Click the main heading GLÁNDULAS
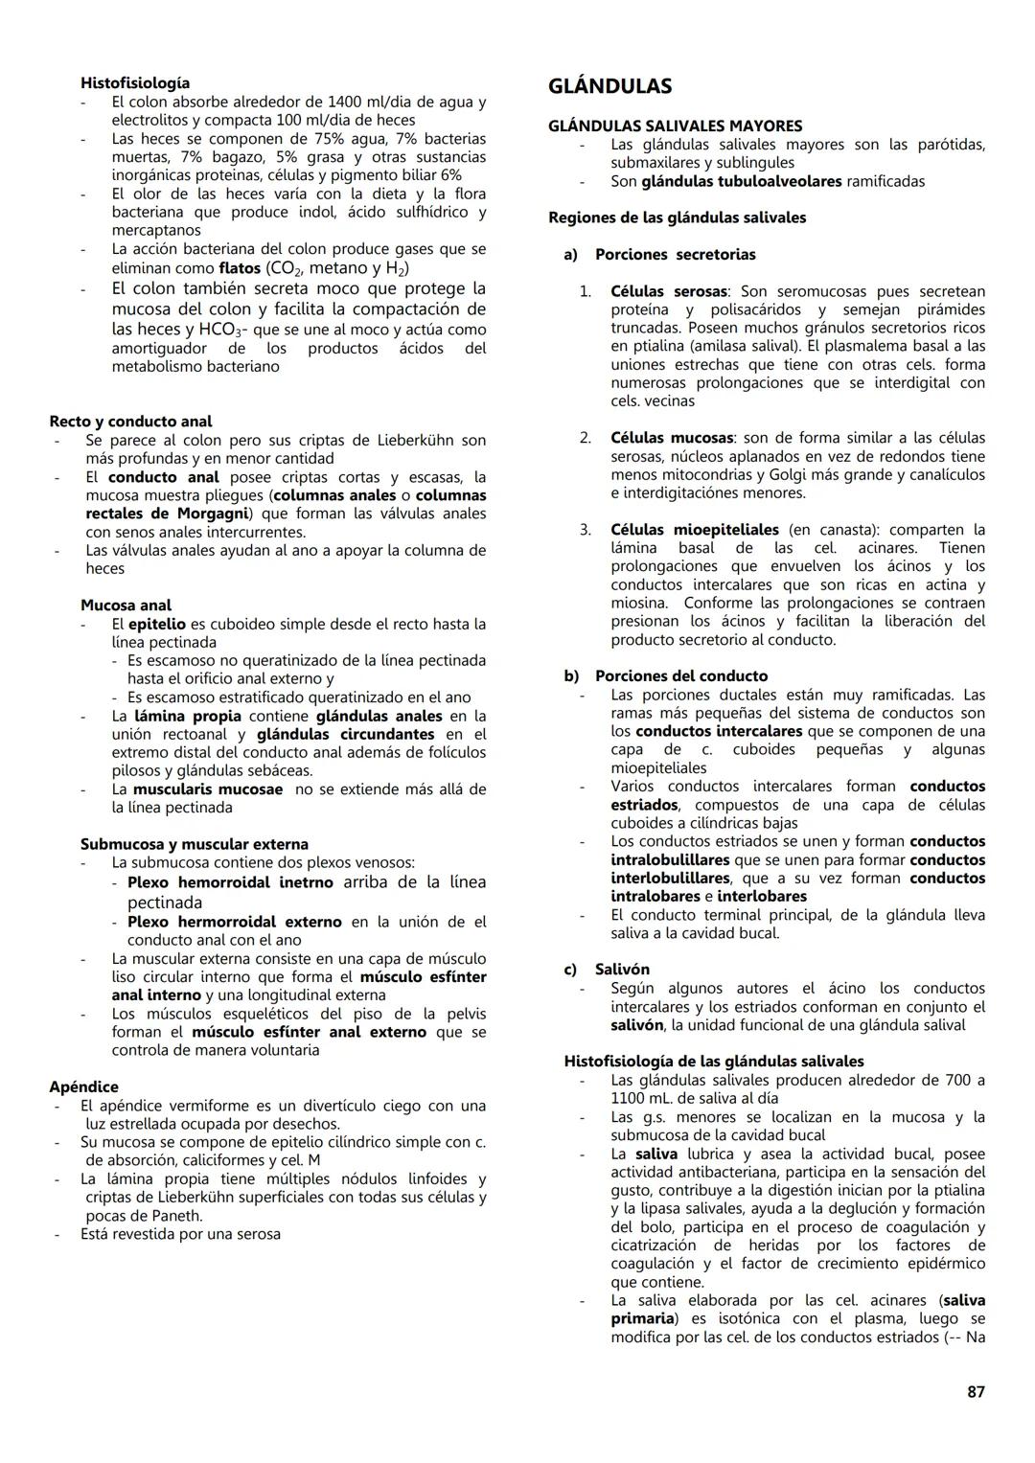pyautogui.click(x=609, y=86)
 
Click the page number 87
pyautogui.click(x=976, y=1391)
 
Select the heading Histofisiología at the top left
pyautogui.click(x=135, y=82)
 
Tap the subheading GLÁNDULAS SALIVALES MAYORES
pyautogui.click(x=675, y=126)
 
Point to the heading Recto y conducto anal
pyautogui.click(x=130, y=422)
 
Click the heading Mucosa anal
pyautogui.click(x=126, y=606)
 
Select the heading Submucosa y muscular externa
pyautogui.click(x=194, y=844)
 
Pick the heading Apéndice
pyautogui.click(x=83, y=1086)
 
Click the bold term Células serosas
pyautogui.click(x=668, y=291)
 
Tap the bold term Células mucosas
pyautogui.click(x=672, y=438)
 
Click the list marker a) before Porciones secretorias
pyautogui.click(x=571, y=255)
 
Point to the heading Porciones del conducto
pyautogui.click(x=680, y=676)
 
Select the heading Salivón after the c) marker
pyautogui.click(x=622, y=970)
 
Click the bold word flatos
pyautogui.click(x=240, y=268)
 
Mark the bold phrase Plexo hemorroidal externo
pyautogui.click(x=234, y=922)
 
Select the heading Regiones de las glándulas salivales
pyautogui.click(x=677, y=217)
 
